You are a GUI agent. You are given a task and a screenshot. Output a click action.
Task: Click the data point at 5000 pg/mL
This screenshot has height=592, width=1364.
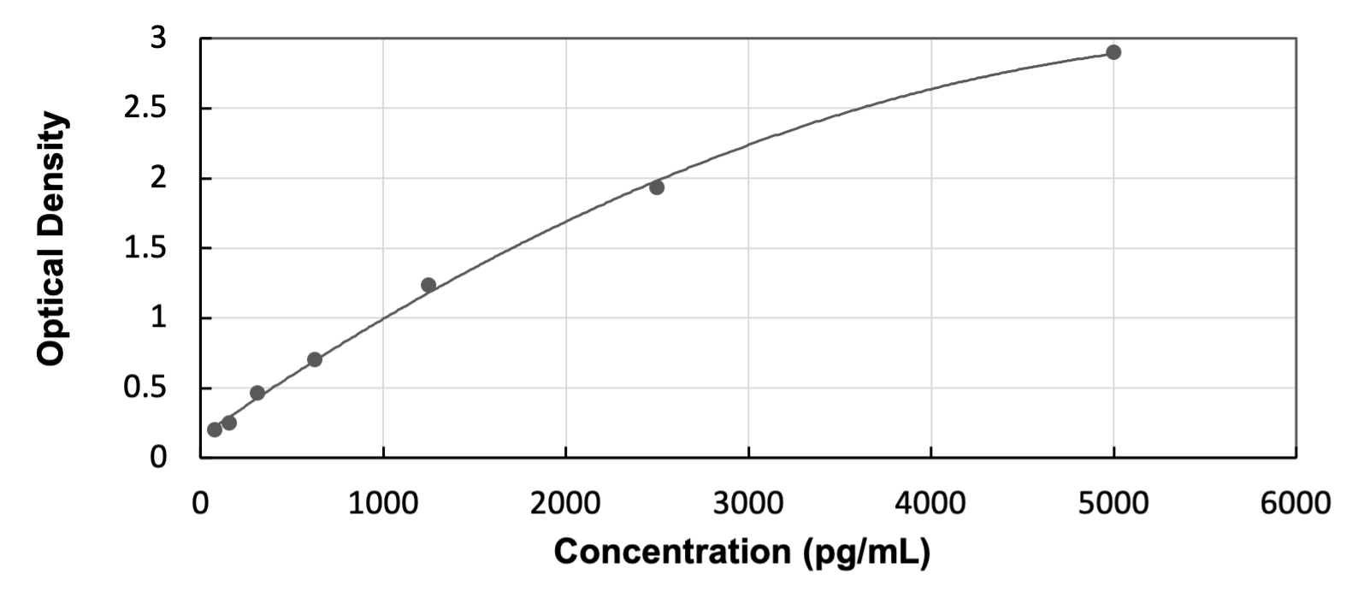pos(1113,52)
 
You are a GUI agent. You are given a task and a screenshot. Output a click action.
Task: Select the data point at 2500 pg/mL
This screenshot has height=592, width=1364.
pos(657,187)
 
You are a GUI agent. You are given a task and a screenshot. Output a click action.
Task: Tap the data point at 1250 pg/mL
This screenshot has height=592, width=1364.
pos(428,285)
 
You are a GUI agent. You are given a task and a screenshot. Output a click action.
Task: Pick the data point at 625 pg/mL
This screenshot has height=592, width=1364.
pos(315,359)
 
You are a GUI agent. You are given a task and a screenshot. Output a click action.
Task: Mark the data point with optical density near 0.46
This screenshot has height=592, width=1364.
pos(257,393)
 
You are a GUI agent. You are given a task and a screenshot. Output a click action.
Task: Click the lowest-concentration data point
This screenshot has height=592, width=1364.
pos(215,429)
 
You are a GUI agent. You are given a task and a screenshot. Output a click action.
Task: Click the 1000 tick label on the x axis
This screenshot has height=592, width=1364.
pos(383,504)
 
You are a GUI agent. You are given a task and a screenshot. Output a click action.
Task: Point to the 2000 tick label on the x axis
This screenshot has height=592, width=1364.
pos(565,504)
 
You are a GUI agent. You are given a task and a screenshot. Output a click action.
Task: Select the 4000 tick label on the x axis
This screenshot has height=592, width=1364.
pos(930,504)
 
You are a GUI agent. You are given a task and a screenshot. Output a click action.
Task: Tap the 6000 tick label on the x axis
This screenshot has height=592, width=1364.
pos(1296,504)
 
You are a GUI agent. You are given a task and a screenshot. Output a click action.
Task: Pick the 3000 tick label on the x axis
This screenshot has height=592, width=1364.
pos(748,504)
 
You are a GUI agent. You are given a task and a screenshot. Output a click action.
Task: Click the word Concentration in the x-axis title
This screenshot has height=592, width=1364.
pos(674,552)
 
